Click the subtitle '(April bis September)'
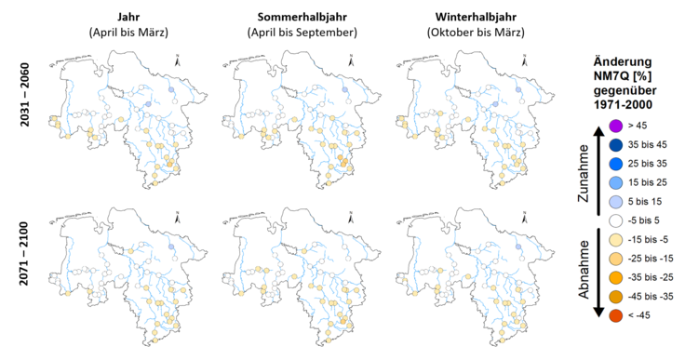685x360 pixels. [x=302, y=33]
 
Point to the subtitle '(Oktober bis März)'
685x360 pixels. [x=475, y=33]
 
